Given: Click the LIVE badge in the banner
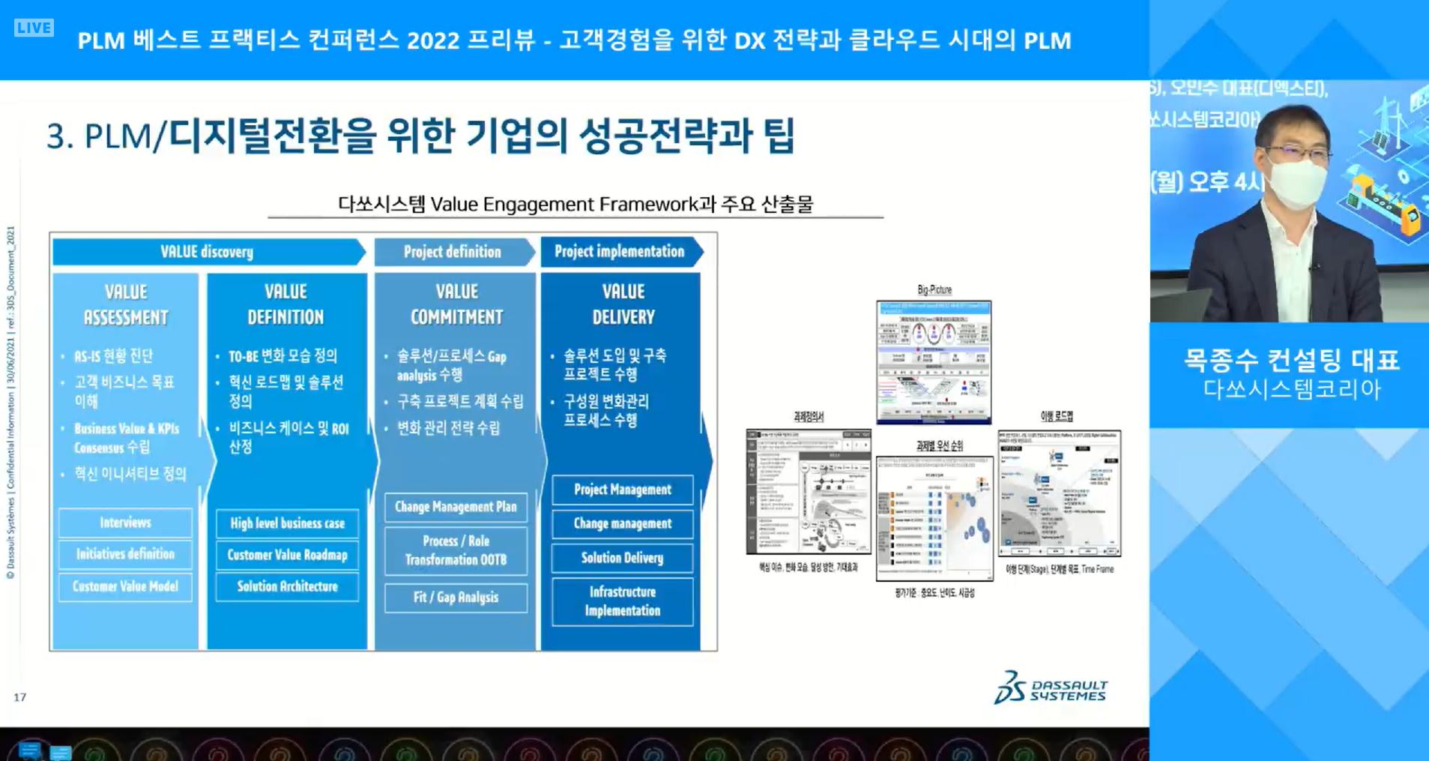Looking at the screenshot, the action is click(34, 28).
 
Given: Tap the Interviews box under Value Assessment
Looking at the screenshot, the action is click(125, 523).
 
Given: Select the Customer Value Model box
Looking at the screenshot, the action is click(125, 586).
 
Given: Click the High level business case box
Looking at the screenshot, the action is click(287, 523).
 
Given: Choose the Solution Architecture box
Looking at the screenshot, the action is click(287, 586).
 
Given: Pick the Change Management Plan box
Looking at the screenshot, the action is click(456, 507).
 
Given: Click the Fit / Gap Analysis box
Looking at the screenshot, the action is click(456, 598).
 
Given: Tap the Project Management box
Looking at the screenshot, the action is click(622, 490).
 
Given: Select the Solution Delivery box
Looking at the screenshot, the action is click(622, 558).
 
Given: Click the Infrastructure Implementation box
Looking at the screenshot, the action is click(622, 601).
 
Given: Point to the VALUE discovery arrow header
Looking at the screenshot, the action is click(207, 252).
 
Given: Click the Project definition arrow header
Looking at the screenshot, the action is click(453, 252).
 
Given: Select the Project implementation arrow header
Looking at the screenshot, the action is click(620, 252).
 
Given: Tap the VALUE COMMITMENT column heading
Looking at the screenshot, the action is click(456, 304).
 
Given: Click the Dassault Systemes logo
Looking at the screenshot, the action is click(1051, 688).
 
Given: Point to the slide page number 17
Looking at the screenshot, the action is click(20, 697).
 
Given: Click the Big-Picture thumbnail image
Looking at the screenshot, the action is click(934, 362).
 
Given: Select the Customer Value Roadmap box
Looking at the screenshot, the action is click(287, 555).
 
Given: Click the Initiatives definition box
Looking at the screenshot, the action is click(125, 554).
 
